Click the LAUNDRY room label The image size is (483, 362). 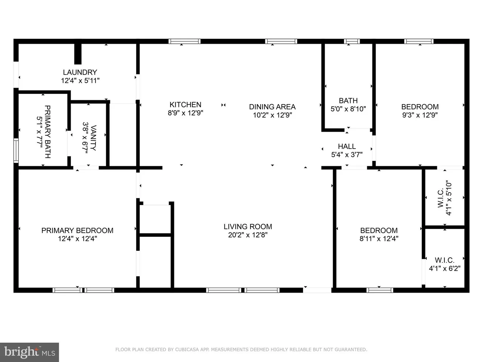pos(80,72)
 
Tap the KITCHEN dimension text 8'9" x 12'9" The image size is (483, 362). pos(185,113)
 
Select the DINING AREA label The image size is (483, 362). pos(272,107)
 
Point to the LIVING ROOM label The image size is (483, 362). pos(248,227)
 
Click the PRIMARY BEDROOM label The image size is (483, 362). pos(77,230)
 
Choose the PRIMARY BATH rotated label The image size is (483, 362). pos(48,132)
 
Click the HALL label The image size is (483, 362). pos(347,146)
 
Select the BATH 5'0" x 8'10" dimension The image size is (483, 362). pos(348,109)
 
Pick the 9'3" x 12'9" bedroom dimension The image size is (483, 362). pos(420,115)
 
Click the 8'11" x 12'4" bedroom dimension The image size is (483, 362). pos(379,239)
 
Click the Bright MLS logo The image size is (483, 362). pos(29,352)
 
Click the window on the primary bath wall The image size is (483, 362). pos(16,150)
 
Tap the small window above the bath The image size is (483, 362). pos(352,41)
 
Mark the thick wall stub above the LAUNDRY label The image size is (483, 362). pos(78,54)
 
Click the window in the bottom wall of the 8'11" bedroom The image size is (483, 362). pos(380,290)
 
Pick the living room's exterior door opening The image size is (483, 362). pos(317,290)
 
